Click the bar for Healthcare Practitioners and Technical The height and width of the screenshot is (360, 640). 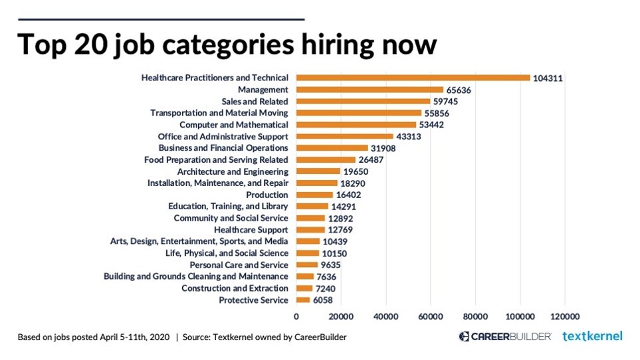412,78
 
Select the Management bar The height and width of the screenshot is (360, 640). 370,90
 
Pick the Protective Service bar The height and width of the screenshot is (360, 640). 303,300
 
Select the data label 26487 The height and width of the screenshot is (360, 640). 373,160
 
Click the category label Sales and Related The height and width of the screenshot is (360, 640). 255,102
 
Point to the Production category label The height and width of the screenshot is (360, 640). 267,195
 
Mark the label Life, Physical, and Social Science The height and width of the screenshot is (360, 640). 227,253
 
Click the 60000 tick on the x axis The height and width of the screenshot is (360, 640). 431,316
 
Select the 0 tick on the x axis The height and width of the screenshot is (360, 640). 296,316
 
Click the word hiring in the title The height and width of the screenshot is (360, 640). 318,45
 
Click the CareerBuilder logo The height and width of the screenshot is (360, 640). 505,336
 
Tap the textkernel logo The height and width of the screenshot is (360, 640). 592,336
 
